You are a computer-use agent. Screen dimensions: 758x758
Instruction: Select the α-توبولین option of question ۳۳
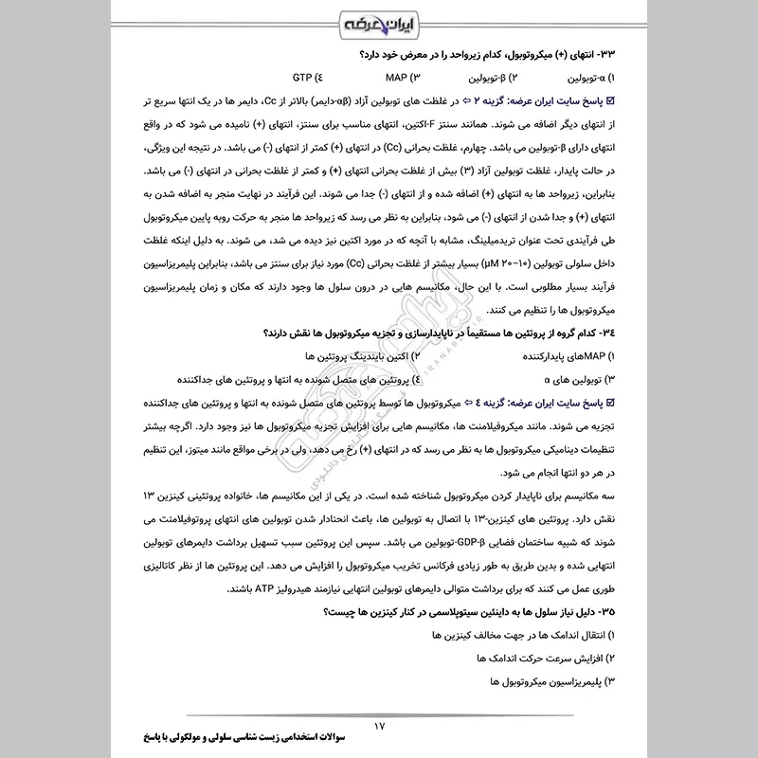click(587, 78)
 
